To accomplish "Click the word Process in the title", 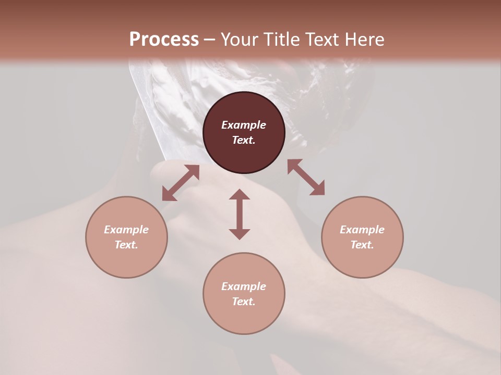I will [x=164, y=40].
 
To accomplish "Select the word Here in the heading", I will [x=364, y=40].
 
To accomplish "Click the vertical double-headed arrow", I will [x=240, y=214].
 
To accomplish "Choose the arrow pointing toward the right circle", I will [x=306, y=177].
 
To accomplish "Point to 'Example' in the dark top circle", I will [x=244, y=125].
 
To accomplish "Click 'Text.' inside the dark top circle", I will [x=244, y=140].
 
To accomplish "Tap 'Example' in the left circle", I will [x=126, y=230].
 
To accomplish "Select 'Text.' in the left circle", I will [x=126, y=245].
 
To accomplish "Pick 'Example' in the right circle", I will [x=362, y=230].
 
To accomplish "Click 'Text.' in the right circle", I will [x=362, y=245].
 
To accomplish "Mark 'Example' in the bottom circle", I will [x=244, y=286].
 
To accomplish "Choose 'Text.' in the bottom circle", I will [x=244, y=302].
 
